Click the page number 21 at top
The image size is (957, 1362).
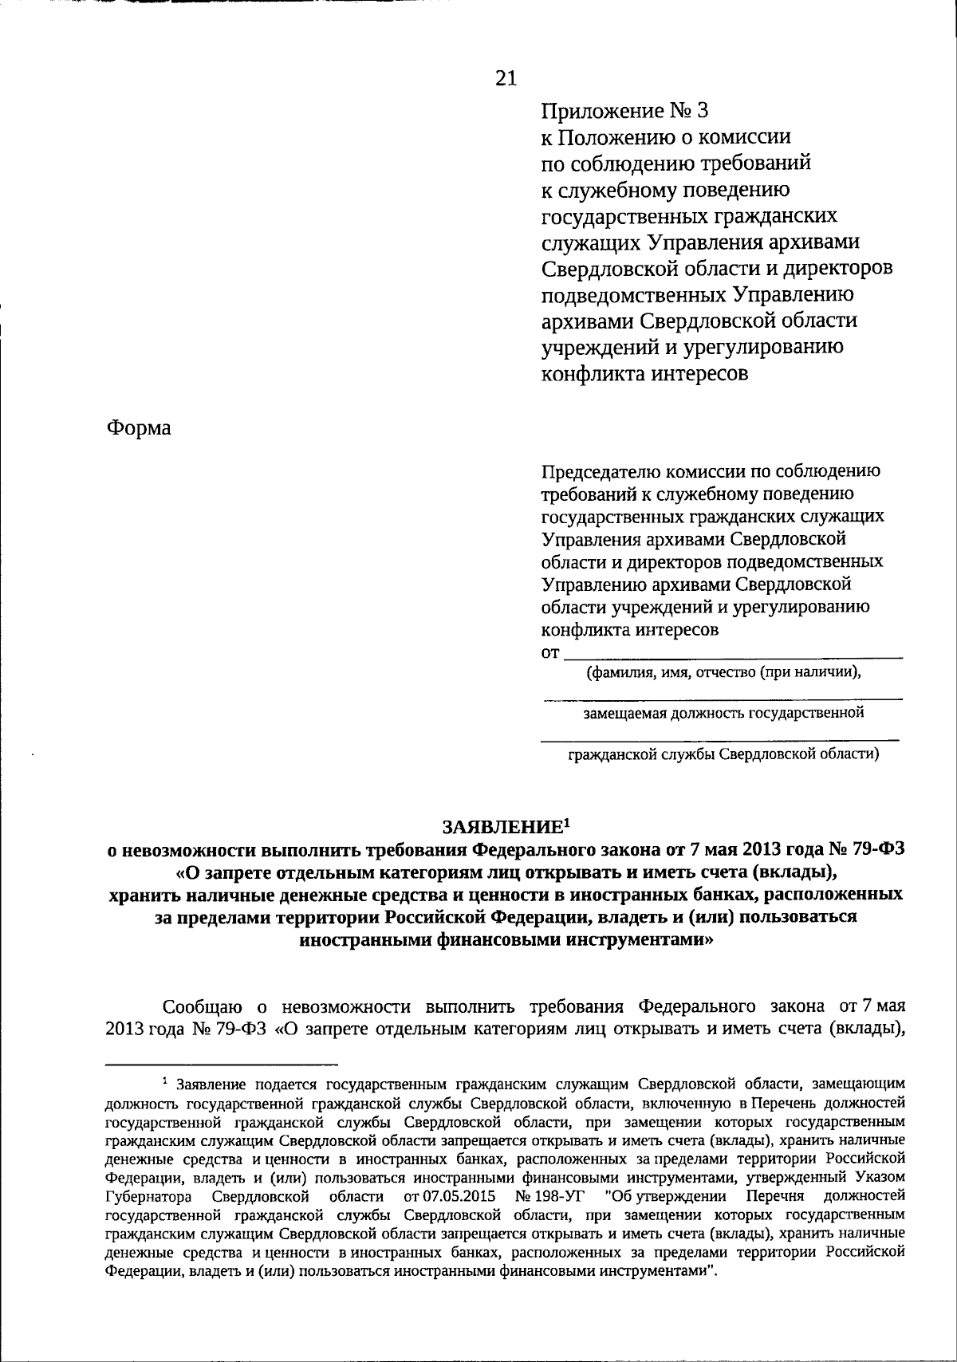tap(506, 77)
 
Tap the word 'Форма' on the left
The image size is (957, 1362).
tap(139, 428)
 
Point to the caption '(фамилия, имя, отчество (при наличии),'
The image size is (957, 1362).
tap(724, 672)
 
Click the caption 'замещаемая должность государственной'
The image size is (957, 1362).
tap(723, 712)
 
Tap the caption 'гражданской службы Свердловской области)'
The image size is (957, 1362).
tap(723, 754)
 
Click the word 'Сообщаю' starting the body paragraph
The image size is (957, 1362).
tap(200, 1005)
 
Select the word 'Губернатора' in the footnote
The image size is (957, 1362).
tap(147, 1196)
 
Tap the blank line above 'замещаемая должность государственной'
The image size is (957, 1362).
tap(723, 699)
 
